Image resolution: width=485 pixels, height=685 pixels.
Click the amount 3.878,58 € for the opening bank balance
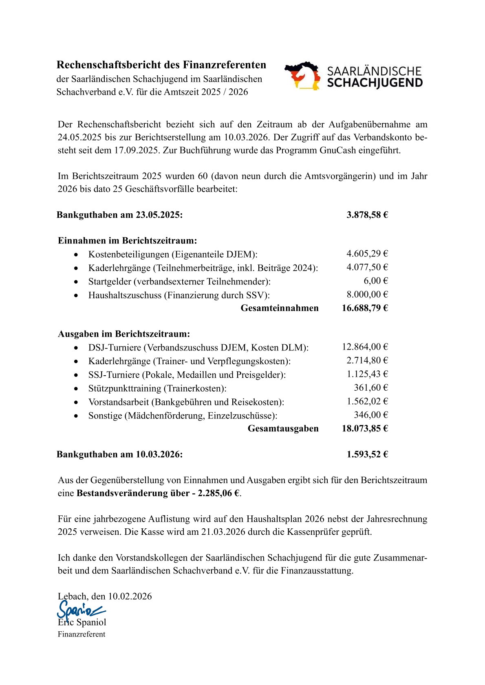(367, 215)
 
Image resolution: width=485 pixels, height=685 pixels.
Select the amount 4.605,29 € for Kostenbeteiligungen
(367, 254)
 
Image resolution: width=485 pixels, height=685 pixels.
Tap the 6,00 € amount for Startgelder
(375, 281)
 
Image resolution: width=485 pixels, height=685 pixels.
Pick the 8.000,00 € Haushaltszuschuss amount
(367, 294)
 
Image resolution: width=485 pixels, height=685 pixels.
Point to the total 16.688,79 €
(365, 308)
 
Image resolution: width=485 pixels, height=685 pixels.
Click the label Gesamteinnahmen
(280, 308)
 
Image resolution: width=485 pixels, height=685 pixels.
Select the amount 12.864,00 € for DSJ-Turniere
(365, 347)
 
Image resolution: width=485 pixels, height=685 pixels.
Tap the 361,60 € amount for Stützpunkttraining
(370, 387)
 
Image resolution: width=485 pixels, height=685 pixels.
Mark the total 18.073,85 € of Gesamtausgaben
(365, 428)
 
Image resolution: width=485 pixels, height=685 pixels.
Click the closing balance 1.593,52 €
(367, 454)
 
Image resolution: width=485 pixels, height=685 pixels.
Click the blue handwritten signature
(79, 610)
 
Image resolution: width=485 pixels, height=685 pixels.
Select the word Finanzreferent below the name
(82, 634)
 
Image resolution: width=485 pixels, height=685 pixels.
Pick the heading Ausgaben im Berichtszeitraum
(124, 334)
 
